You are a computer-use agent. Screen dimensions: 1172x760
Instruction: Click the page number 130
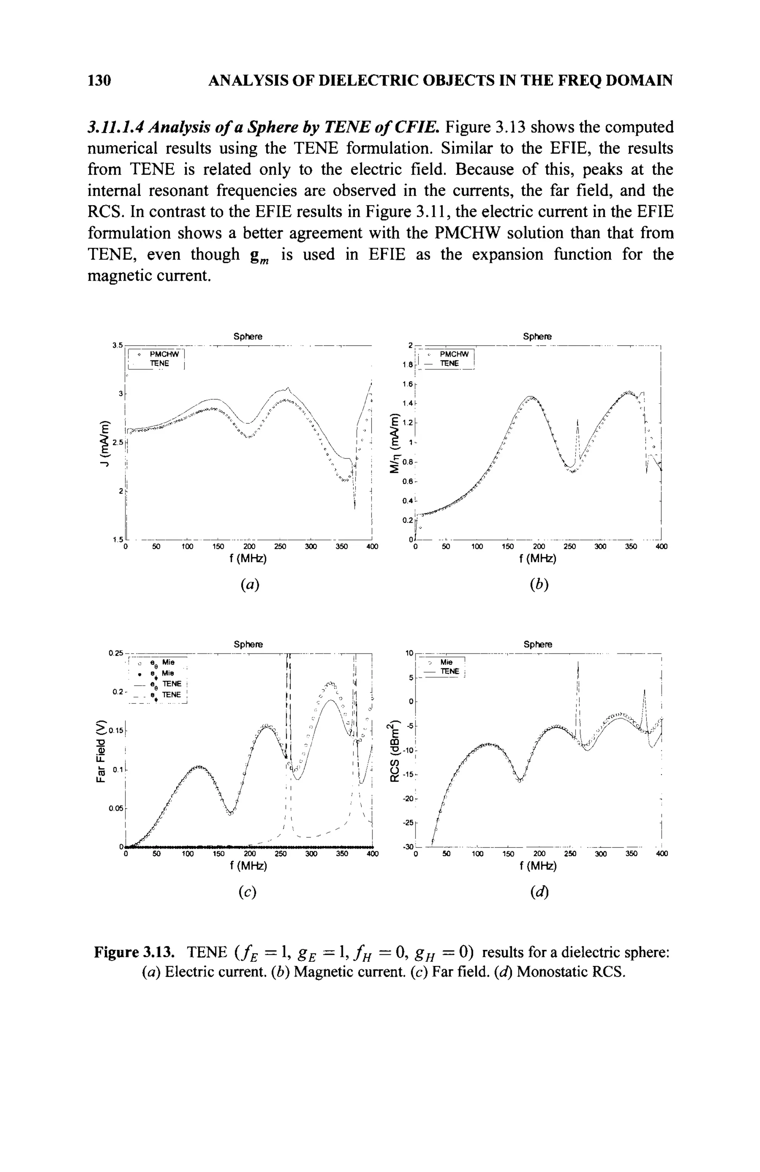99,80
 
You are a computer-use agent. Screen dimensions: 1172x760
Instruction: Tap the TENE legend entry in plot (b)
449,363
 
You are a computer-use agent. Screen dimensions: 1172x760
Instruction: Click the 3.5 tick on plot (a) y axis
117,345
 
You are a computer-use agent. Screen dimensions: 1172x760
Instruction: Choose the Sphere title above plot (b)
537,336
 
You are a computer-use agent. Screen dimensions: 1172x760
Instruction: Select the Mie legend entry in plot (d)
446,662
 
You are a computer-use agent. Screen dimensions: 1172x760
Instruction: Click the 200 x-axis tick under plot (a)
249,546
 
